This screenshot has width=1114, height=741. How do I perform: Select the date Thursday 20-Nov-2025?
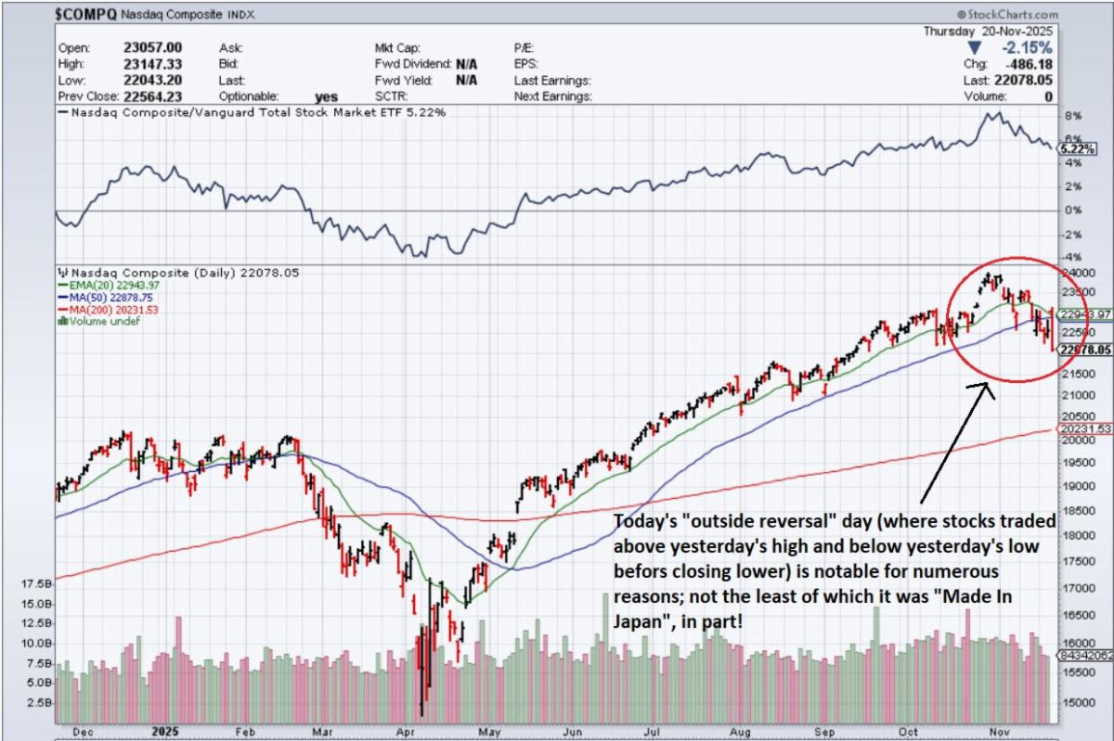990,31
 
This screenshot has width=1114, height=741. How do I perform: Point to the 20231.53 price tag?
1084,429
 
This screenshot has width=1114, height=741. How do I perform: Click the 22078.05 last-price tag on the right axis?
1084,350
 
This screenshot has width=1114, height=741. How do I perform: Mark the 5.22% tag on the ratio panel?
1080,148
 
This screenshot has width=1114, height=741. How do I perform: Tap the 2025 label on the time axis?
162,730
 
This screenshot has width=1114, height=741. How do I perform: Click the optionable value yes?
326,96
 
